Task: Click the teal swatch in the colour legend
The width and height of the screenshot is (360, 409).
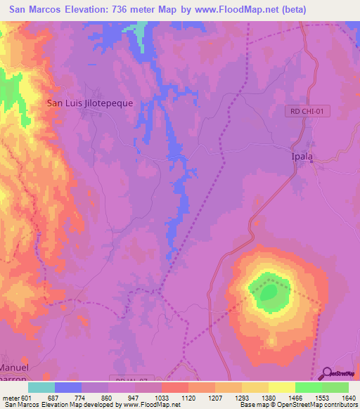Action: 41,387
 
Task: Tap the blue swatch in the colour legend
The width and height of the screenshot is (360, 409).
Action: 68,387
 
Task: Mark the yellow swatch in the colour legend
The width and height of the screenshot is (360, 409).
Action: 281,387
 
